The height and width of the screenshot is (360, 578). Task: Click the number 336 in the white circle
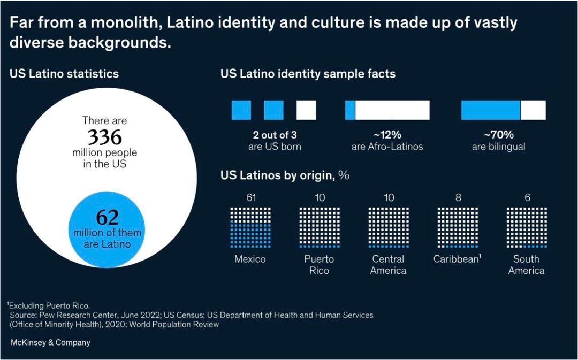tap(105, 138)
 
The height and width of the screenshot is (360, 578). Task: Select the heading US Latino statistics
tap(64, 74)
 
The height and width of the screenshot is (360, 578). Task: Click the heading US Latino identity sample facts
tap(308, 74)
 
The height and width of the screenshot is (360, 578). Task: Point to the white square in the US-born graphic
tap(306, 110)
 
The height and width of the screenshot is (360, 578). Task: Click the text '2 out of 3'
tap(275, 135)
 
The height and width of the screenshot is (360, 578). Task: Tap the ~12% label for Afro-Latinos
tap(387, 135)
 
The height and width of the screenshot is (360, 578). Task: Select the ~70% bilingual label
tap(498, 135)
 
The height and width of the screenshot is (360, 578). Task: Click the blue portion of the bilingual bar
tap(491, 110)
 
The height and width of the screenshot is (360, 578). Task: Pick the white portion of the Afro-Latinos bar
tap(392, 110)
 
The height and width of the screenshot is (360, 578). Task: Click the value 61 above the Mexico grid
tap(250, 197)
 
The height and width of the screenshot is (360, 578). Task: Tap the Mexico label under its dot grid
tap(250, 259)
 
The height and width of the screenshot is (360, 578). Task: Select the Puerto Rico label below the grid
tap(319, 265)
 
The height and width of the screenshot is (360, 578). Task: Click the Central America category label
tap(389, 265)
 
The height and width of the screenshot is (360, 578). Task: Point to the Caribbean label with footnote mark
tap(458, 259)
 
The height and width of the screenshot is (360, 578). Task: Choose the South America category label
tap(527, 265)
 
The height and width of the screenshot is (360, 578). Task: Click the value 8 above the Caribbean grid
tap(458, 197)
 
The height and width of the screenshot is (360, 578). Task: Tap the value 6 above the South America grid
tap(527, 197)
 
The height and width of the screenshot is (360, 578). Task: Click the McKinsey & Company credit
tap(50, 342)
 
